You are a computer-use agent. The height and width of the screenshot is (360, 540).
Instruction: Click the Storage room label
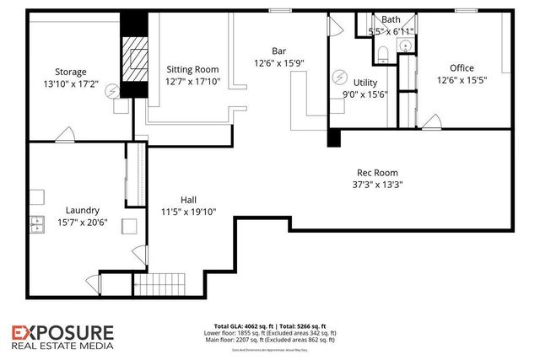point(71,73)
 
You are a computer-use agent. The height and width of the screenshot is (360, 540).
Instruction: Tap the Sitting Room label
point(193,70)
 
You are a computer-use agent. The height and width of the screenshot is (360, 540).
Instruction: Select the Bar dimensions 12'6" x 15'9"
point(279,63)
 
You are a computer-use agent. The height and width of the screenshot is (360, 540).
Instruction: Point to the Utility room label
point(365,83)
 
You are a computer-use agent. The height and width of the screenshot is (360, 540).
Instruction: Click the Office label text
point(462,68)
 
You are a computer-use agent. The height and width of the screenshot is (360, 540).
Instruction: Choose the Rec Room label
point(375,173)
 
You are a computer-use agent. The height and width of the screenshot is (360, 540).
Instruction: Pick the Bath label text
point(391,19)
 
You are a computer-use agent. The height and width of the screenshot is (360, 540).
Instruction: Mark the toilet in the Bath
point(382,55)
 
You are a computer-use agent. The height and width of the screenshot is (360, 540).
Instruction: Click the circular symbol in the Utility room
point(340,75)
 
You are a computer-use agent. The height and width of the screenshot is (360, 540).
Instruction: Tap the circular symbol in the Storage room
point(111,91)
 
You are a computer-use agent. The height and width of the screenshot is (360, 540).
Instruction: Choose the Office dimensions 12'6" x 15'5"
point(462,80)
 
